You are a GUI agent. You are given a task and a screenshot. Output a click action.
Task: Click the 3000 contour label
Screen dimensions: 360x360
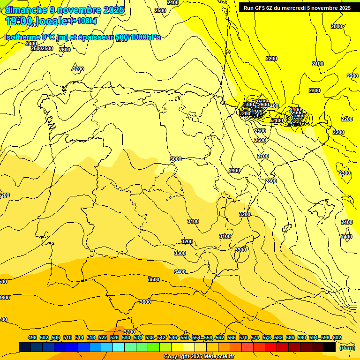click(176, 159)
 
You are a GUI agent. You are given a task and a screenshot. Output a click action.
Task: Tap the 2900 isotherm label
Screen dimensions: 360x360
click(234, 171)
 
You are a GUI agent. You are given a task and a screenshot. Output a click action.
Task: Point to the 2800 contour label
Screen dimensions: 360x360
click(270, 181)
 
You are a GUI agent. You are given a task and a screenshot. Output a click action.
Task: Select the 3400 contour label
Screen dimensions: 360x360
click(180, 272)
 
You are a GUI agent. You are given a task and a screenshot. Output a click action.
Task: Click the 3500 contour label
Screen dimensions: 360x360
click(154, 279)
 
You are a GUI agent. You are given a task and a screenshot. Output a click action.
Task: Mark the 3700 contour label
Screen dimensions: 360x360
click(129, 332)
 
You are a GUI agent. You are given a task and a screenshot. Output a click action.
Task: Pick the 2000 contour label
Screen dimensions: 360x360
click(337, 27)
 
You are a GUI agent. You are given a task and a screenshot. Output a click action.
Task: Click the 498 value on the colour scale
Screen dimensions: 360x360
click(32, 338)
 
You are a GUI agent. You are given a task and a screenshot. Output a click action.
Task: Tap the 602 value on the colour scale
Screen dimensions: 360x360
click(337, 338)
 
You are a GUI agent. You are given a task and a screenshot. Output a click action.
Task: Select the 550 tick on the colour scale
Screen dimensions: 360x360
click(184, 338)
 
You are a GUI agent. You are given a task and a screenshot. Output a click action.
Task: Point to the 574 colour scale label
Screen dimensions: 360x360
click(255, 338)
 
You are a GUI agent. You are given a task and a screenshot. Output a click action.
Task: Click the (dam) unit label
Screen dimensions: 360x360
click(346, 347)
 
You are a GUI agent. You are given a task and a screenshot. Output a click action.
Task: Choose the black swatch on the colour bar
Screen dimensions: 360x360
click(330, 347)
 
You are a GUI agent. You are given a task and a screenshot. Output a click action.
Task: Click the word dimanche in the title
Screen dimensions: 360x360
click(26, 9)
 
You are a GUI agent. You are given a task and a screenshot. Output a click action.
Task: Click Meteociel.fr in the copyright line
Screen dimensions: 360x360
click(217, 357)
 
